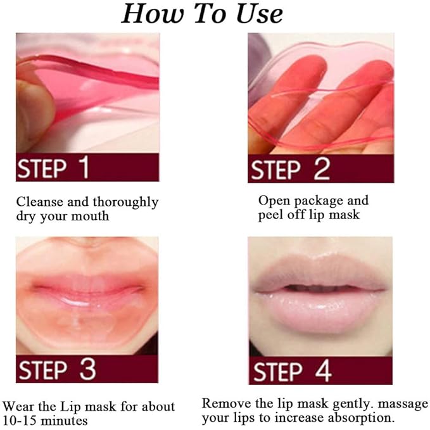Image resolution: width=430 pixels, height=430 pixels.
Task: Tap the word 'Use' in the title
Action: [x=257, y=13]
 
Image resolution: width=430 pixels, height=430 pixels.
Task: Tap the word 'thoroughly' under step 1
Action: [x=125, y=203]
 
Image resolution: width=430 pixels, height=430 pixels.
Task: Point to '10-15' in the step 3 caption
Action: [x=20, y=420]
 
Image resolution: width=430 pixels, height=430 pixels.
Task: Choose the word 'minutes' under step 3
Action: [x=64, y=420]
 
